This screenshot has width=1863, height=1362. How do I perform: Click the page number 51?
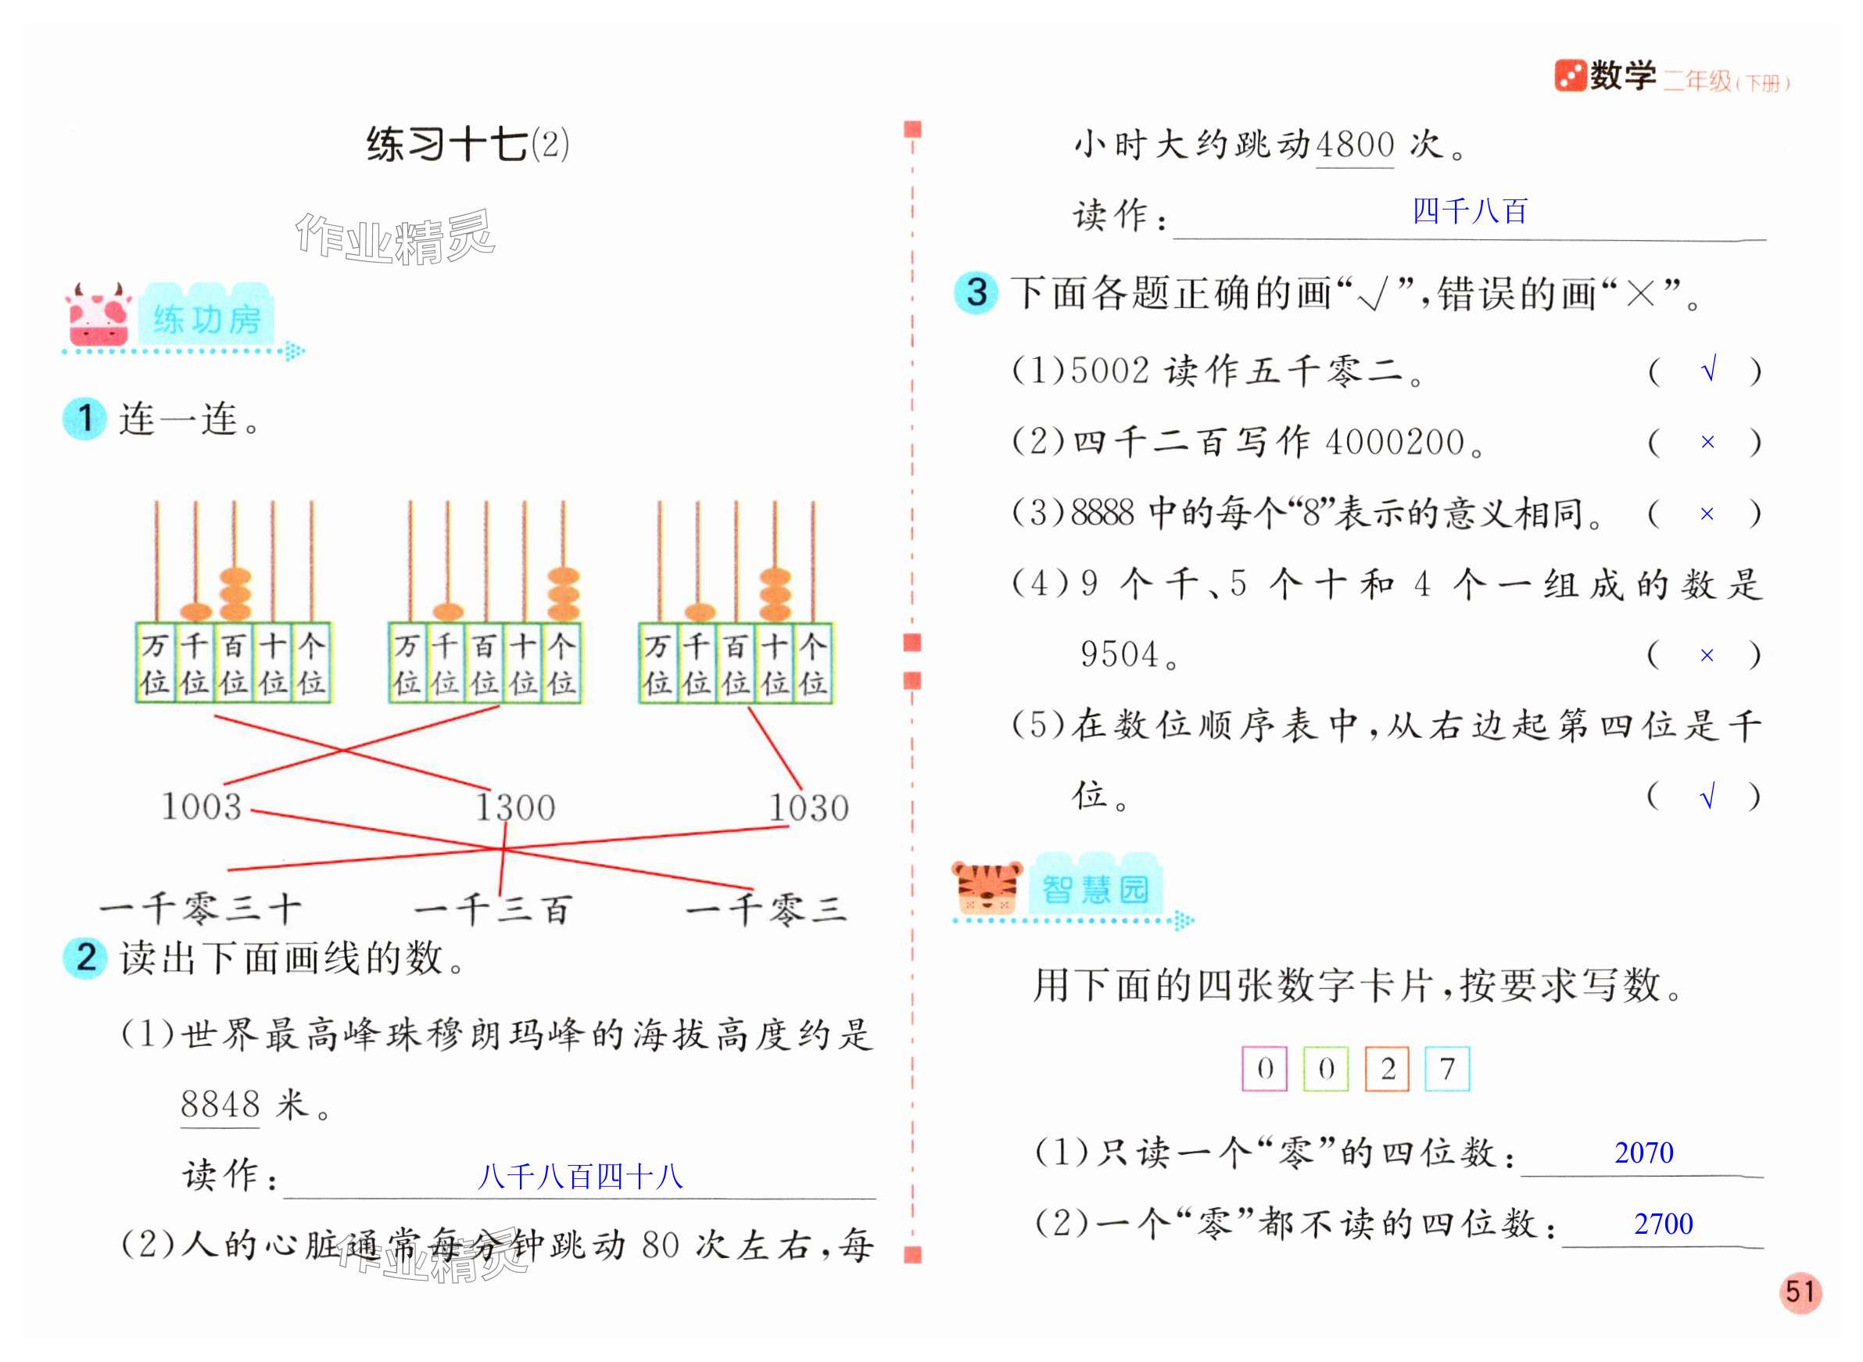click(1800, 1291)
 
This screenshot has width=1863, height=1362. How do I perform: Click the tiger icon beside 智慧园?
click(986, 888)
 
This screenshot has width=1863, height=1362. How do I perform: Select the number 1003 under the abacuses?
click(202, 806)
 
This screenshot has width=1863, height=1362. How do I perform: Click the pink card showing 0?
click(1264, 1069)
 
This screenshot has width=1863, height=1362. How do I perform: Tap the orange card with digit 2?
click(1388, 1069)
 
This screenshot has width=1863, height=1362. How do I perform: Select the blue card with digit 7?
click(1448, 1069)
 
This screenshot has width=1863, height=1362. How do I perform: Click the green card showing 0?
click(1326, 1069)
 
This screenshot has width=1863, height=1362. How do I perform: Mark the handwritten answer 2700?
click(1664, 1224)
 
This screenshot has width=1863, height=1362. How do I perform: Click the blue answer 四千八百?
click(1470, 211)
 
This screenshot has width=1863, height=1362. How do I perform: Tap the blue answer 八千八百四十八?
click(580, 1176)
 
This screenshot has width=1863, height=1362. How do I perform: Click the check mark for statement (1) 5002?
click(1708, 370)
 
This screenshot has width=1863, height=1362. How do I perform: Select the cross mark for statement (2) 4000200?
click(1707, 442)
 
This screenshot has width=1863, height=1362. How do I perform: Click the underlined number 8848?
click(220, 1104)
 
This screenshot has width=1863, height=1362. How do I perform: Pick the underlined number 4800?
click(1354, 145)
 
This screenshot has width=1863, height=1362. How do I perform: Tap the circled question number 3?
click(976, 292)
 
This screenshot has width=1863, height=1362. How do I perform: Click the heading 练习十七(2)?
click(468, 145)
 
